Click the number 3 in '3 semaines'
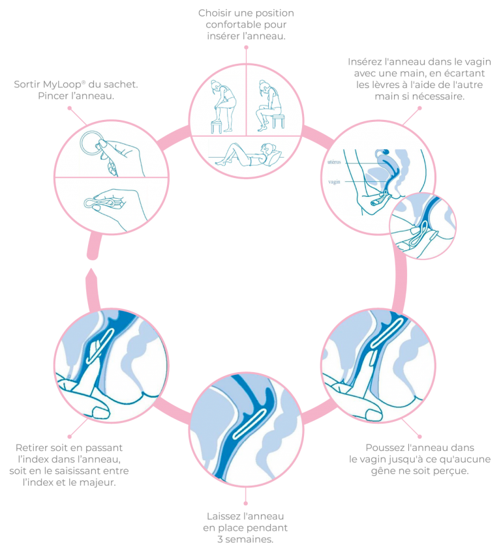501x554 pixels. [x=220, y=540]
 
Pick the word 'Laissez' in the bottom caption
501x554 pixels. [x=219, y=516]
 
